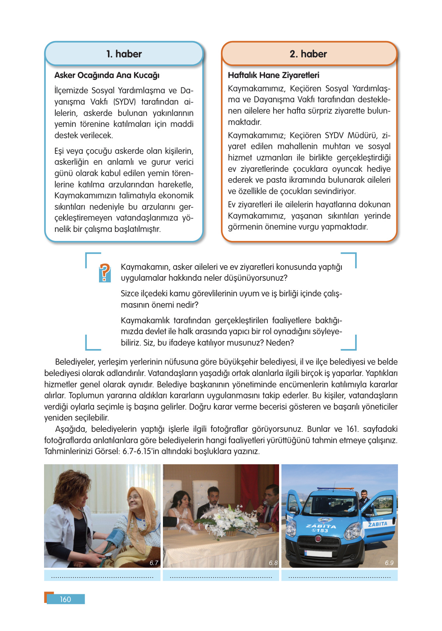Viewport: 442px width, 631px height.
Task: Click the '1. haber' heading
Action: [x=124, y=54]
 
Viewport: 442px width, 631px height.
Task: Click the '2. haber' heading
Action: [x=308, y=54]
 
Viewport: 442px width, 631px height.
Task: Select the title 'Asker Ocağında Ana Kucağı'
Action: [x=107, y=75]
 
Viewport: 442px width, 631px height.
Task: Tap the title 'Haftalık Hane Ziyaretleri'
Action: [x=273, y=75]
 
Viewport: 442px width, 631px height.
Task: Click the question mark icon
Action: [x=104, y=273]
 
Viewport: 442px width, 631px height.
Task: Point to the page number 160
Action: [x=65, y=599]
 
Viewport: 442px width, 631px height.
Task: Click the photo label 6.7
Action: [x=154, y=563]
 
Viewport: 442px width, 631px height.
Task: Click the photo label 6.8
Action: [x=273, y=563]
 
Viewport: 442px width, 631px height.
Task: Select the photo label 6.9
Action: [x=389, y=563]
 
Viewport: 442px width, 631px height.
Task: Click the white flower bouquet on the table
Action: [x=225, y=517]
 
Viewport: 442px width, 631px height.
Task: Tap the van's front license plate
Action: [x=318, y=553]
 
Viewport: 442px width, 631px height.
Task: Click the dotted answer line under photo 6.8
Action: [x=221, y=576]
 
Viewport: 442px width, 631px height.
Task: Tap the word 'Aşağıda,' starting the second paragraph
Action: [x=71, y=429]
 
